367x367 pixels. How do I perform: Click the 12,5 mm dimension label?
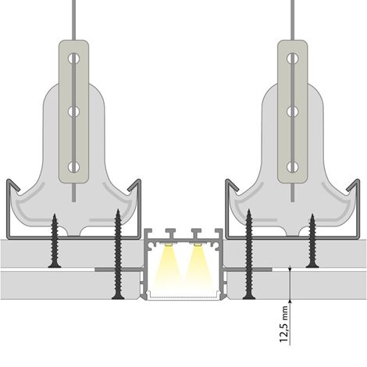click(284, 324)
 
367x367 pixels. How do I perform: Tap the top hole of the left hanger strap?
click(74, 59)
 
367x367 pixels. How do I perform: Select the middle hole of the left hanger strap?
click(74, 112)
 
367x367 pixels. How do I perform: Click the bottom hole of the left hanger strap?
click(74, 167)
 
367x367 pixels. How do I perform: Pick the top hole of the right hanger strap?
click(293, 59)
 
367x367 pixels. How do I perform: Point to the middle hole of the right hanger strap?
click(293, 112)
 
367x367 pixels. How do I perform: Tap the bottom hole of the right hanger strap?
click(293, 167)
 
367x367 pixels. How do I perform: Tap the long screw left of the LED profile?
click(118, 255)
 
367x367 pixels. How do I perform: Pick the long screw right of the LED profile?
click(249, 255)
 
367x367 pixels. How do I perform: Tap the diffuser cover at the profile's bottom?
click(183, 296)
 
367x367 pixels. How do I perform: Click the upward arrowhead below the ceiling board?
click(290, 302)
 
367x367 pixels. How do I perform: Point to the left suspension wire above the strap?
click(74, 20)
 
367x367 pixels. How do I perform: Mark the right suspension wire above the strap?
click(293, 20)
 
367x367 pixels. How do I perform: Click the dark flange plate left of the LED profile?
click(119, 269)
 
